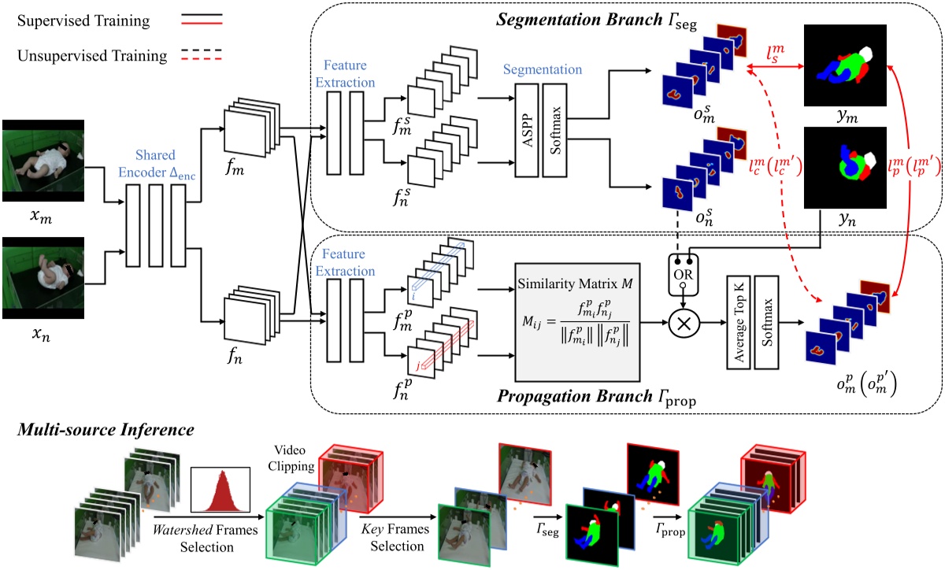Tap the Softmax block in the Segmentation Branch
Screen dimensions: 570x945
554,129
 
